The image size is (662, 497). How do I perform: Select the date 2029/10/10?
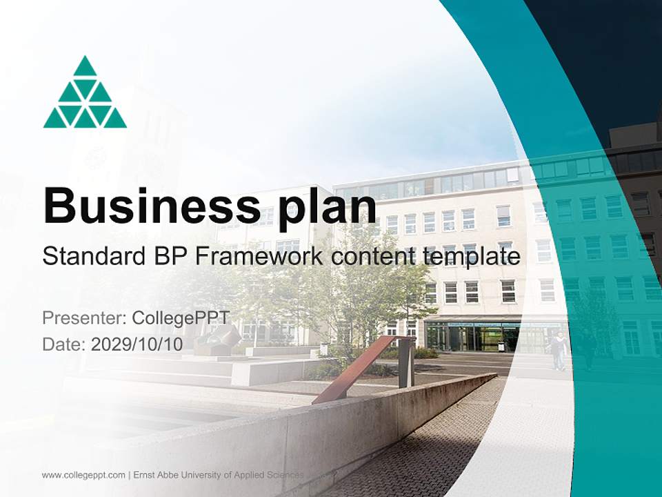[137, 344]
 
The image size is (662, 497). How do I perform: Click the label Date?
[63, 344]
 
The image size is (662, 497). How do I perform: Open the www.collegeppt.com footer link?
[83, 475]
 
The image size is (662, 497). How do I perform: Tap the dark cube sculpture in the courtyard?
[219, 338]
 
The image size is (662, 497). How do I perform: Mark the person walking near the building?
[557, 349]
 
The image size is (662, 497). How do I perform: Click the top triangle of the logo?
[85, 66]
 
